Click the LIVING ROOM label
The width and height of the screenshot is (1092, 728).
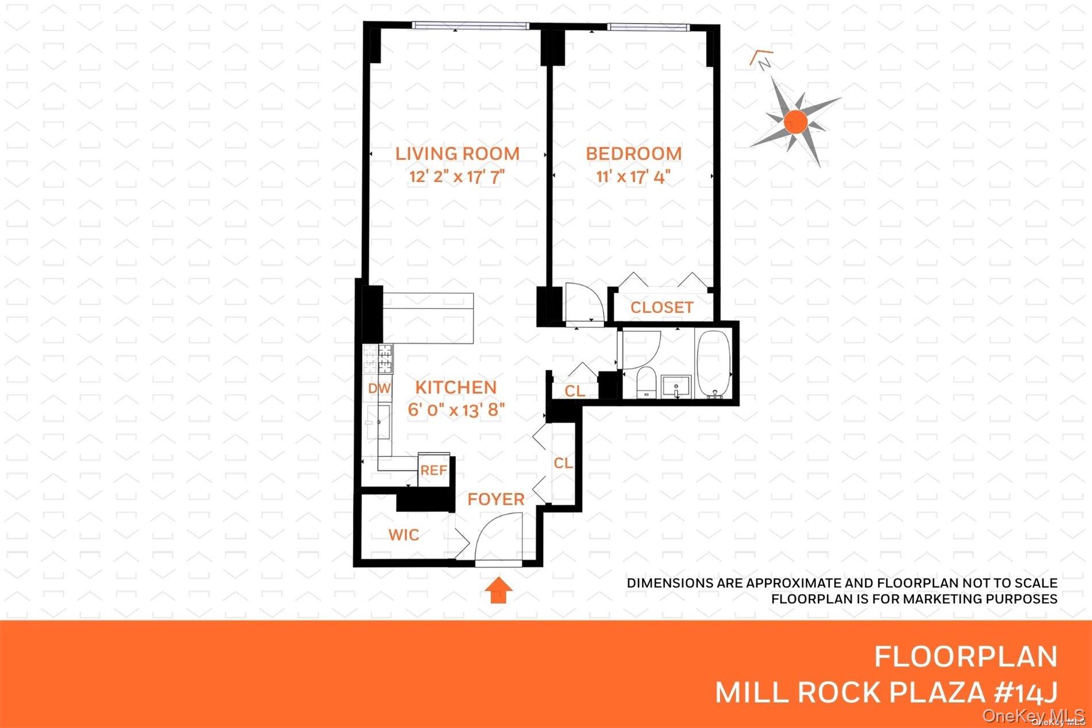pyautogui.click(x=457, y=154)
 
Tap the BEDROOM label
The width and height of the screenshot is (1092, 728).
pyautogui.click(x=633, y=154)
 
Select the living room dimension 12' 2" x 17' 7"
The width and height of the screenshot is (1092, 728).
pyautogui.click(x=457, y=177)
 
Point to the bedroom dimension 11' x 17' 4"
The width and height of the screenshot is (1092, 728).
pyautogui.click(x=633, y=177)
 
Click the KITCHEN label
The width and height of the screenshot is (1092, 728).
pyautogui.click(x=456, y=388)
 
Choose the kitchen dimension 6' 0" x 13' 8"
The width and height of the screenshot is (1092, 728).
pyautogui.click(x=456, y=410)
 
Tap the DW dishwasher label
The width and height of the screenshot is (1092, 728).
pyautogui.click(x=379, y=389)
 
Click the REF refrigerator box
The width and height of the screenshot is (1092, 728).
pyautogui.click(x=433, y=470)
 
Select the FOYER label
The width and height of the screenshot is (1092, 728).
pyautogui.click(x=495, y=499)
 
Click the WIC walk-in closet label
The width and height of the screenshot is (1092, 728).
pyautogui.click(x=403, y=535)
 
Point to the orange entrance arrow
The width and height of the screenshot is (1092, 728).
pyautogui.click(x=498, y=591)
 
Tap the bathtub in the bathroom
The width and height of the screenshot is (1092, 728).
pyautogui.click(x=713, y=363)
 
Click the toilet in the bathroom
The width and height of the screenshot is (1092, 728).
pyautogui.click(x=646, y=382)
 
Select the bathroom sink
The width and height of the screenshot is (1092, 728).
pyautogui.click(x=677, y=385)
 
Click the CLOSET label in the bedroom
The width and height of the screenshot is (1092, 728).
pyautogui.click(x=662, y=308)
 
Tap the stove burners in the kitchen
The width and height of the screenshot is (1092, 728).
pyautogui.click(x=378, y=359)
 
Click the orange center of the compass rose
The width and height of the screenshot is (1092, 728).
pyautogui.click(x=795, y=121)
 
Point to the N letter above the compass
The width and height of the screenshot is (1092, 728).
pyautogui.click(x=764, y=64)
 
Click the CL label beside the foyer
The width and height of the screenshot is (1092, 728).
pyautogui.click(x=563, y=463)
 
